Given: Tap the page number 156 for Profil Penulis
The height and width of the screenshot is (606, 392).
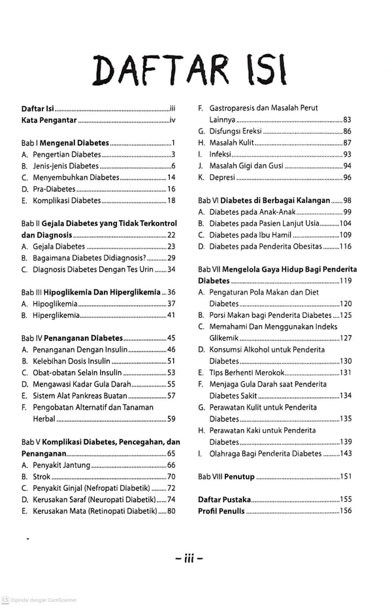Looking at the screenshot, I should [346, 511].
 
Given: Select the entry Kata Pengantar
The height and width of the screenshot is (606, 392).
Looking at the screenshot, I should [49, 120].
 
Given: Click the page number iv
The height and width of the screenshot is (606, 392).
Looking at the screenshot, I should [172, 120].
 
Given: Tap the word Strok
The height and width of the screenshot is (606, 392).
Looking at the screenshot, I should [42, 477].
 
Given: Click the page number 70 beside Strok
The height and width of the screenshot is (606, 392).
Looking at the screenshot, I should [171, 477].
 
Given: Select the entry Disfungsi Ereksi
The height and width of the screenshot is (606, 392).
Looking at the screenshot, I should [235, 131].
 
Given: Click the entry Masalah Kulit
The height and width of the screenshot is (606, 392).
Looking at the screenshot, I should [231, 143].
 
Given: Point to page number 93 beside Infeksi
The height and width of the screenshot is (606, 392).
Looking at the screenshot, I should [347, 154].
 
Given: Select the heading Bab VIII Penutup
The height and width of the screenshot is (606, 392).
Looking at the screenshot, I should [227, 477].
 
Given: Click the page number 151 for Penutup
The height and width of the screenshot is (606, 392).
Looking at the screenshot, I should [346, 477].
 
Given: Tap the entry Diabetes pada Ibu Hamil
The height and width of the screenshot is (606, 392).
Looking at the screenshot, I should [246, 235].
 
